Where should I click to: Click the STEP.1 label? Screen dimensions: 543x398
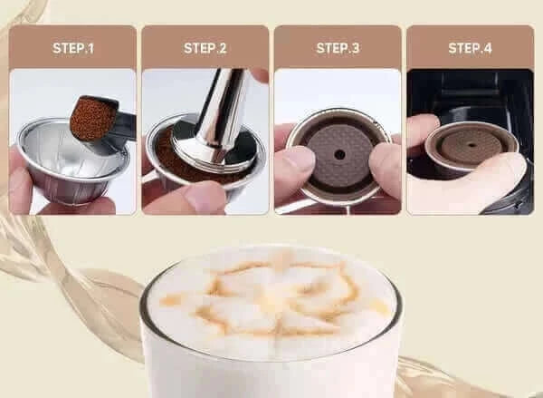tap(73, 48)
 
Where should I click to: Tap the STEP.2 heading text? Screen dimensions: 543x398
tap(205, 48)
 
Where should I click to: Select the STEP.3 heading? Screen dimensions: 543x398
tap(338, 48)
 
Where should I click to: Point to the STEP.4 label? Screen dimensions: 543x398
tap(470, 48)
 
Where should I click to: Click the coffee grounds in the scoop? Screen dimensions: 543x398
tap(93, 119)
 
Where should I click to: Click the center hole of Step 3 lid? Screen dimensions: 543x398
tap(339, 155)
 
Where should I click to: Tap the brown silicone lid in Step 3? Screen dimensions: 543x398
tap(339, 155)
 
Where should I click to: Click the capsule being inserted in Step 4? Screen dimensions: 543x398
tap(472, 147)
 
